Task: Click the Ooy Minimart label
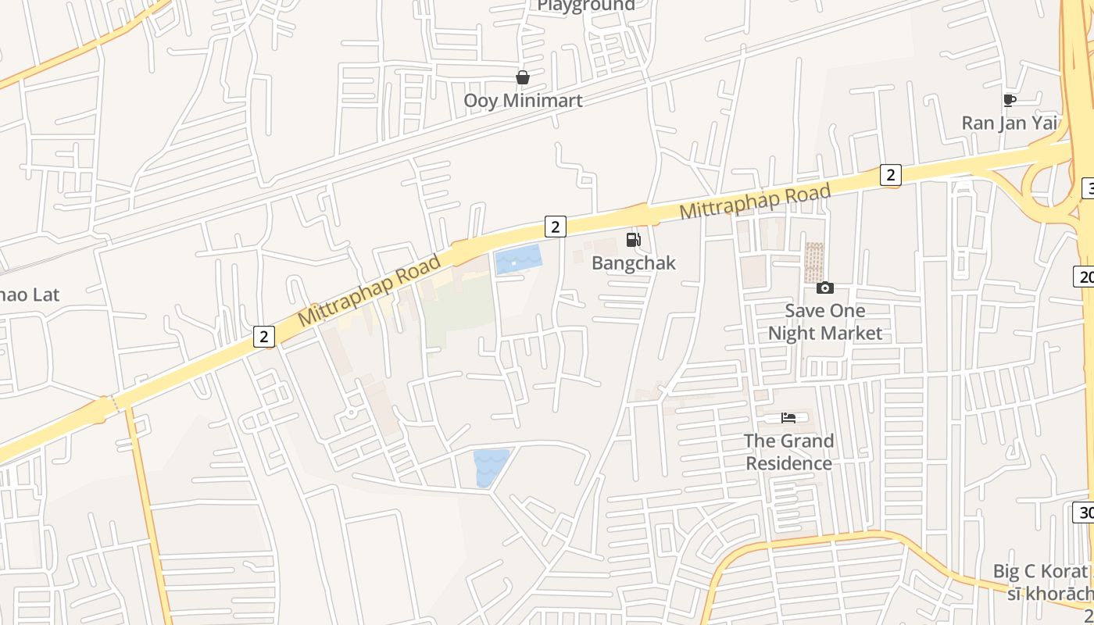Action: (523, 101)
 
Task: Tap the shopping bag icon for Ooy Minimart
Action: (523, 77)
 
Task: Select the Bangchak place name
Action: (633, 262)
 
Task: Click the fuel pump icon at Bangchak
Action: (633, 239)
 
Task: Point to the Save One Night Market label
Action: (824, 322)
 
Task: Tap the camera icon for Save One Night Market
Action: (824, 288)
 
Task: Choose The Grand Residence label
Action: (788, 452)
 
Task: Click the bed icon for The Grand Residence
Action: (788, 418)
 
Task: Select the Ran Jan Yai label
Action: (1009, 123)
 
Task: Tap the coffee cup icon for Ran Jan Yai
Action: (1009, 100)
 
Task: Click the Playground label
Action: (586, 5)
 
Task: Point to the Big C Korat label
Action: (1039, 571)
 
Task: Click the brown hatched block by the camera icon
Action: (813, 262)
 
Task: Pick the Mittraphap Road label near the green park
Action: (370, 288)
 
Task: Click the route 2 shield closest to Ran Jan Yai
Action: (890, 175)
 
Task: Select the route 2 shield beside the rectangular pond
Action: (555, 227)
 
